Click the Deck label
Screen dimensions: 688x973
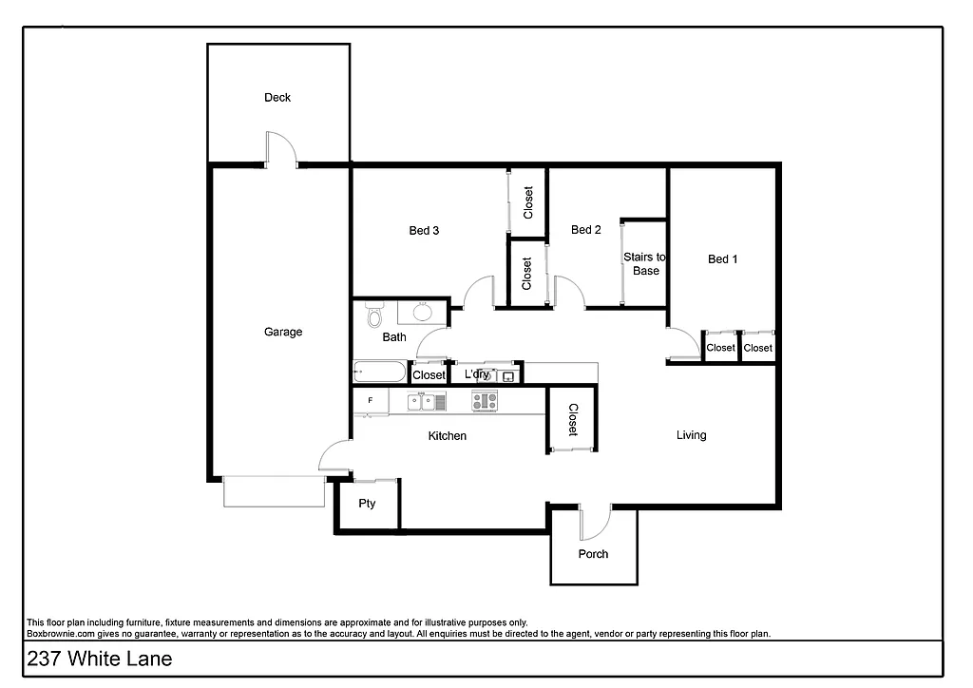(277, 97)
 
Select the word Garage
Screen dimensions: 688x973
(283, 332)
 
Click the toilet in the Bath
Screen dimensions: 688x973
(373, 314)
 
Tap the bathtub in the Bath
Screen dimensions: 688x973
(378, 373)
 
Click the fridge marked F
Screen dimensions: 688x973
(370, 401)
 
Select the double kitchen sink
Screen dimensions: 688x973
(427, 402)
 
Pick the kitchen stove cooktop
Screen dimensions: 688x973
(485, 402)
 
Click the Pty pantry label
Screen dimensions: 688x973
(367, 504)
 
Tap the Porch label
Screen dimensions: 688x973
(593, 554)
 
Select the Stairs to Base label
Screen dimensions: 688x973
(644, 263)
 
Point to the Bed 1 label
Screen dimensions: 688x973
(722, 258)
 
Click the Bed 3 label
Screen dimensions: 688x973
(424, 230)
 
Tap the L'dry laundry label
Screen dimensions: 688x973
(477, 374)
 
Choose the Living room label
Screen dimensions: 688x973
(691, 435)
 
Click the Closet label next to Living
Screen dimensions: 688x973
(573, 420)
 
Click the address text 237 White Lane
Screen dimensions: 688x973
(86, 659)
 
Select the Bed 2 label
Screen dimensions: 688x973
(585, 229)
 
